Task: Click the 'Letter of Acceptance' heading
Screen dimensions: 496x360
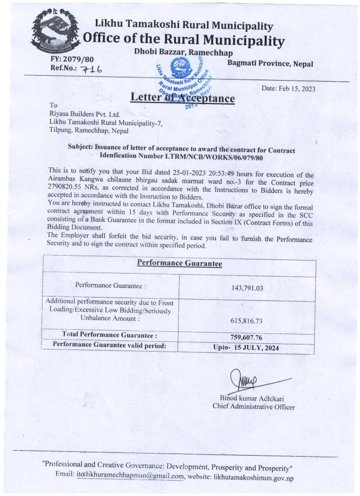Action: [183, 98]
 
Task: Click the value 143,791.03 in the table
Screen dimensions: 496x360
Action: [247, 288]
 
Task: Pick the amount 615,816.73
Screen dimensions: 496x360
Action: [247, 321]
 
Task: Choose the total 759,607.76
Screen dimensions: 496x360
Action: [247, 337]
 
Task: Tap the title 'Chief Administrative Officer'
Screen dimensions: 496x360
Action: [254, 407]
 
